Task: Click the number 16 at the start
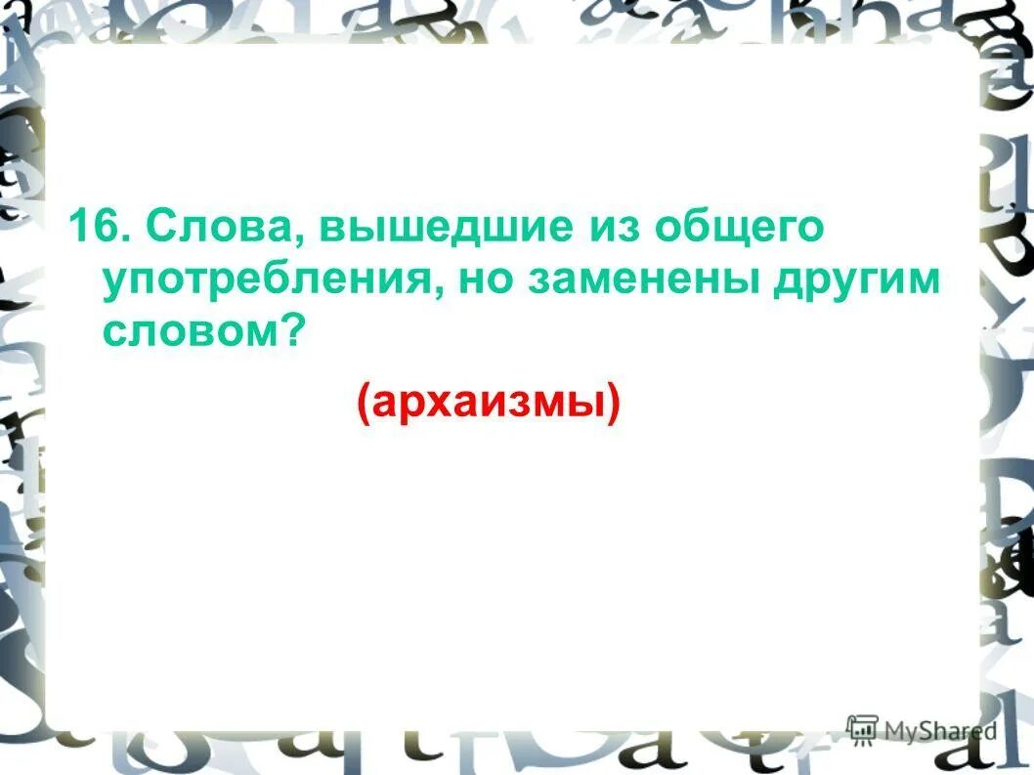93,228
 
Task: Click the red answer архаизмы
489,401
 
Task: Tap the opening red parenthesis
364,402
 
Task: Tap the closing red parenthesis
614,402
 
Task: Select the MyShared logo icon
862,729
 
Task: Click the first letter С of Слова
161,228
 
